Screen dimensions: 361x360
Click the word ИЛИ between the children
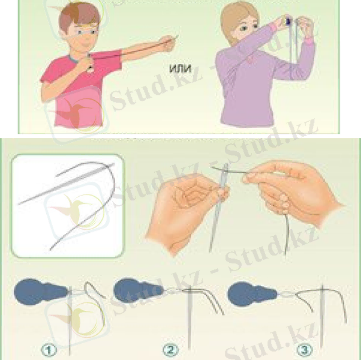point(180,69)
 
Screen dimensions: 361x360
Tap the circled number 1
point(49,350)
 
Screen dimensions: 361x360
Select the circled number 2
point(170,350)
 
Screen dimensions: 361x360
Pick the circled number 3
point(305,350)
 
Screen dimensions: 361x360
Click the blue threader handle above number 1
point(40,292)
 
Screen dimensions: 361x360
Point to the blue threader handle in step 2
point(138,290)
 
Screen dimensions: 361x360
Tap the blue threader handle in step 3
point(252,294)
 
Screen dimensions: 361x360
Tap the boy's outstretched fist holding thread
point(169,43)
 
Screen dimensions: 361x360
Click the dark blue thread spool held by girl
point(288,21)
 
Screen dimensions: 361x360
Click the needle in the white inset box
point(67,184)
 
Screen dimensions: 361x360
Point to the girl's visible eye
point(243,29)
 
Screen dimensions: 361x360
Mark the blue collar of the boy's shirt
point(74,59)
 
